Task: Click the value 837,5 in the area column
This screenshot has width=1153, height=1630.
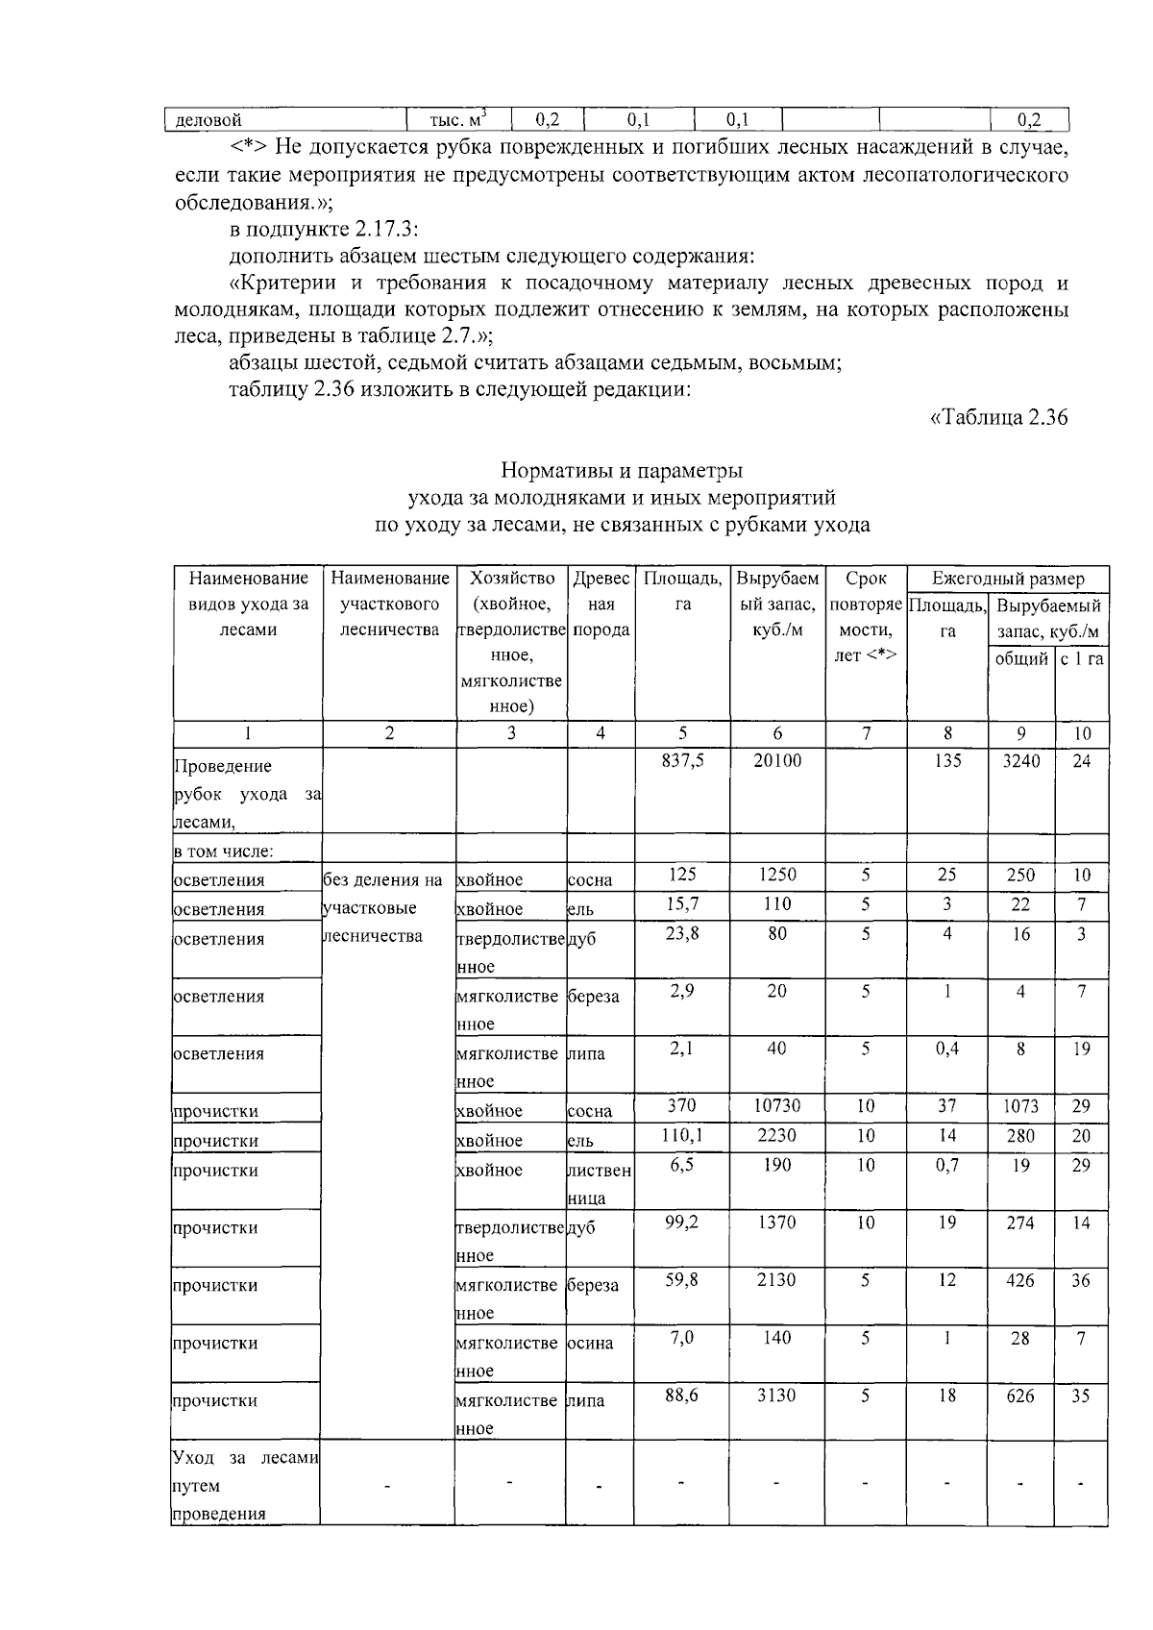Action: pyautogui.click(x=682, y=761)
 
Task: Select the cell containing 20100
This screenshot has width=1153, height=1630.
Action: pyautogui.click(x=776, y=761)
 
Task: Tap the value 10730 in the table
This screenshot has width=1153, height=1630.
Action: pyautogui.click(x=776, y=1106)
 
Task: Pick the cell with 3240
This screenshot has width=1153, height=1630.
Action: pyautogui.click(x=1020, y=761)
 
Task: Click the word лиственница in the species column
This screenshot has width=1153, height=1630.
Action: pyautogui.click(x=599, y=1184)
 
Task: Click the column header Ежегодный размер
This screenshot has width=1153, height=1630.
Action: pyautogui.click(x=1008, y=579)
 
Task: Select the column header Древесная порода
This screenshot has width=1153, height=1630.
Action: pyautogui.click(x=601, y=605)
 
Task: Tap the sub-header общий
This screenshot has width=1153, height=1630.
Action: pyautogui.click(x=1020, y=659)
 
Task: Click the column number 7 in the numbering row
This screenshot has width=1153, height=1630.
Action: pyautogui.click(x=866, y=733)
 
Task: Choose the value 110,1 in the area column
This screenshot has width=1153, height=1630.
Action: pyautogui.click(x=682, y=1136)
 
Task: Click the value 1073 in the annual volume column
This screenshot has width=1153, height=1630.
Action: pyautogui.click(x=1020, y=1106)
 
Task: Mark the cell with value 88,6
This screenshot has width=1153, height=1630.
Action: pyautogui.click(x=682, y=1395)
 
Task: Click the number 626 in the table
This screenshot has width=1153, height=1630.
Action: pyautogui.click(x=1020, y=1395)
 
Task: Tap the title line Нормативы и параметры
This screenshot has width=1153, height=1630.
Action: pyautogui.click(x=622, y=471)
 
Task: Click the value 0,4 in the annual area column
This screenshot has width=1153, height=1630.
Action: pyautogui.click(x=947, y=1049)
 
